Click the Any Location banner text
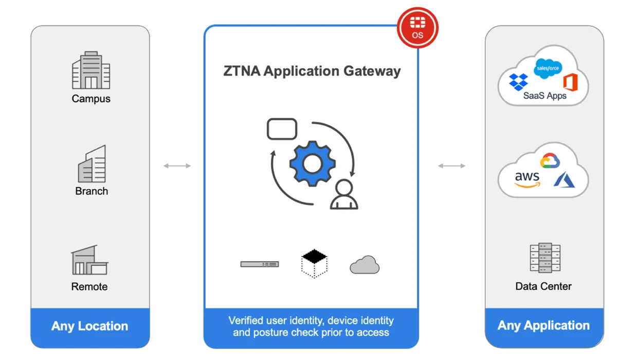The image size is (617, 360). [89, 326]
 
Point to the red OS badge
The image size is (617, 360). [418, 28]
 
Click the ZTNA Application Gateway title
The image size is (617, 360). [312, 71]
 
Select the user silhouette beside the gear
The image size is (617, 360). [343, 195]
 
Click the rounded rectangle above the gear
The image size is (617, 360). [282, 129]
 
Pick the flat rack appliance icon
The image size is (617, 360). [259, 264]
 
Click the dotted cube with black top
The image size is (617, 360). [314, 263]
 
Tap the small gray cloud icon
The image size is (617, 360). [365, 265]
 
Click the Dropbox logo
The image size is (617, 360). [518, 82]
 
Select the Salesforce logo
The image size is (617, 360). [548, 68]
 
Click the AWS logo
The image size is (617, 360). [528, 179]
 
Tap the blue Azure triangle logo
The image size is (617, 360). [566, 179]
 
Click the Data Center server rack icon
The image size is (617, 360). [543, 258]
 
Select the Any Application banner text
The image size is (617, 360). [543, 326]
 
